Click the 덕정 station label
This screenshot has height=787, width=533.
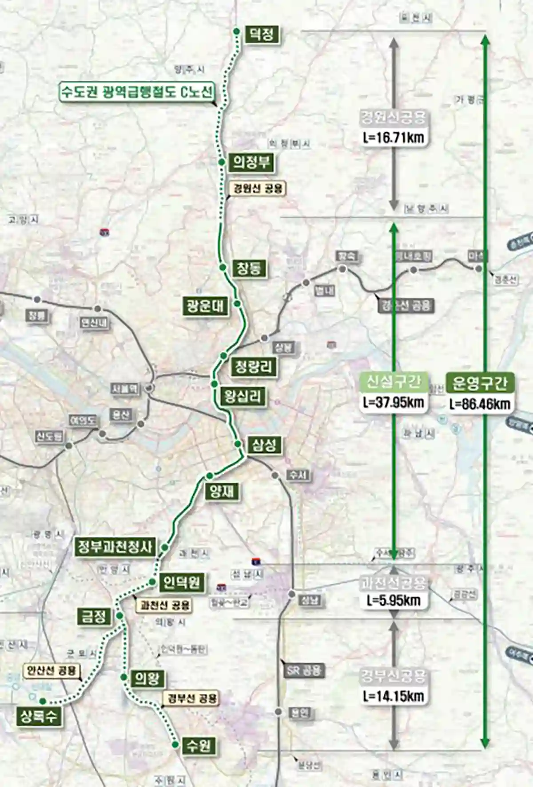point(261,34)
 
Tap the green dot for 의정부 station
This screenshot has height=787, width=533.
point(221,162)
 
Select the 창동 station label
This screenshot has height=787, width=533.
point(249,268)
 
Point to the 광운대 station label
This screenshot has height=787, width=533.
point(205,306)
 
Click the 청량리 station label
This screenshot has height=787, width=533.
point(253,366)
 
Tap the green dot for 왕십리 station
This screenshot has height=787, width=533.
point(215,384)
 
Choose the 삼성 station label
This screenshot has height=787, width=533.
point(264,445)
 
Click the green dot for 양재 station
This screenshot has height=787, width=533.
point(210,476)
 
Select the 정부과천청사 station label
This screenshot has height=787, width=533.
point(115,546)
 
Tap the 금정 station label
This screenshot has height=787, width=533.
point(93,616)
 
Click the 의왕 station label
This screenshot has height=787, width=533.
point(147,678)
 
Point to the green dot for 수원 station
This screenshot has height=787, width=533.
point(175,744)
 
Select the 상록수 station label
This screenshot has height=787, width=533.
point(39,716)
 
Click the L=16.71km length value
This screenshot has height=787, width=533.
point(393,138)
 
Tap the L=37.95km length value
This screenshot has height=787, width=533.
point(393,402)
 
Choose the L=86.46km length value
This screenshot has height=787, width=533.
point(480,404)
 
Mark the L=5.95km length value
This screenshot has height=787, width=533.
point(394,600)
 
